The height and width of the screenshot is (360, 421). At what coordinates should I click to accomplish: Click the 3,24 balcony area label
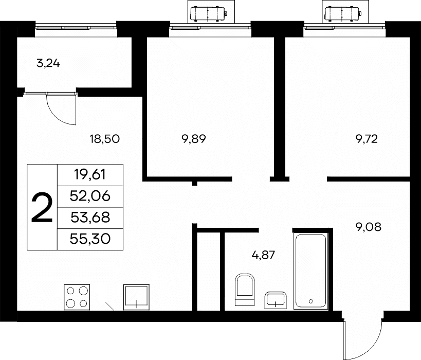tap(48, 64)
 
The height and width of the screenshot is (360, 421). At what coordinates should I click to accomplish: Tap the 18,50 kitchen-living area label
tap(105, 139)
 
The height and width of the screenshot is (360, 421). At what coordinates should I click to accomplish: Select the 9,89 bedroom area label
tap(194, 139)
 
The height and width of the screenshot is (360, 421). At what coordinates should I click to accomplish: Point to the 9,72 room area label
tap(367, 139)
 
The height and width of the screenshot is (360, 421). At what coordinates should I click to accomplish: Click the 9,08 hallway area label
tap(369, 227)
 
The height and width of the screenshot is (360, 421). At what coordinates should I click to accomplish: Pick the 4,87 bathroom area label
tap(263, 255)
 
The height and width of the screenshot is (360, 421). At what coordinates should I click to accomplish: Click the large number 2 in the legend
tap(42, 208)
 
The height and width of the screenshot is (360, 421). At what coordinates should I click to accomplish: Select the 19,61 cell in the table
tap(90, 175)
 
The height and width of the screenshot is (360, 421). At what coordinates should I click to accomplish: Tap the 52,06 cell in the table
tap(90, 196)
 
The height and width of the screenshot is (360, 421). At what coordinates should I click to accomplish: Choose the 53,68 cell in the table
tap(90, 218)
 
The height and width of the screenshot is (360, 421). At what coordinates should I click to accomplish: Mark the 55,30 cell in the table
tap(90, 239)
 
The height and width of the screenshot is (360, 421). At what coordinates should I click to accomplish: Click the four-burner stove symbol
tap(77, 297)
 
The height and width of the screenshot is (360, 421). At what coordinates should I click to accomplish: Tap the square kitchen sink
tap(136, 297)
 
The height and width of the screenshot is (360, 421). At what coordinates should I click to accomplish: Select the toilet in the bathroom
tap(245, 290)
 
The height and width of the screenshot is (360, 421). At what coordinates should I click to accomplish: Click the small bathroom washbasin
tap(276, 300)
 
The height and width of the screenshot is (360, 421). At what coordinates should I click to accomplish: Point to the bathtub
tap(311, 271)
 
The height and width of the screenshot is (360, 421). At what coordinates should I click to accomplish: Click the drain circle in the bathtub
tap(311, 301)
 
